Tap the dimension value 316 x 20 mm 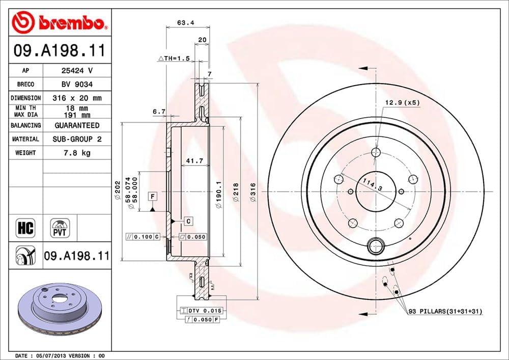pyautogui.click(x=77, y=98)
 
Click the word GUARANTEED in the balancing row pyautogui.click(x=77, y=125)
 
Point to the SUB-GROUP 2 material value pyautogui.click(x=77, y=139)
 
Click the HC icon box pyautogui.click(x=25, y=228)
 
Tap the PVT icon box pyautogui.click(x=60, y=228)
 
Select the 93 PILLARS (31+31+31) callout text pyautogui.click(x=445, y=311)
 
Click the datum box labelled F pyautogui.click(x=152, y=196)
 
